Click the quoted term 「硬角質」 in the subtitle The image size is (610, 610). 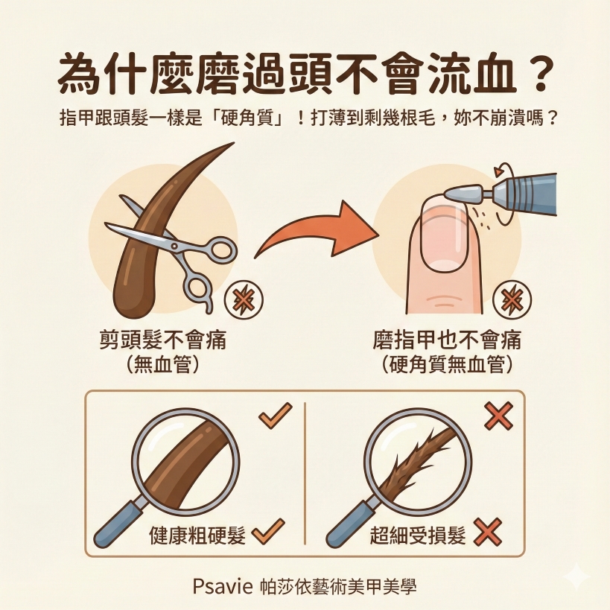(x=252, y=118)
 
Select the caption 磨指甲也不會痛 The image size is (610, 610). (x=447, y=341)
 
